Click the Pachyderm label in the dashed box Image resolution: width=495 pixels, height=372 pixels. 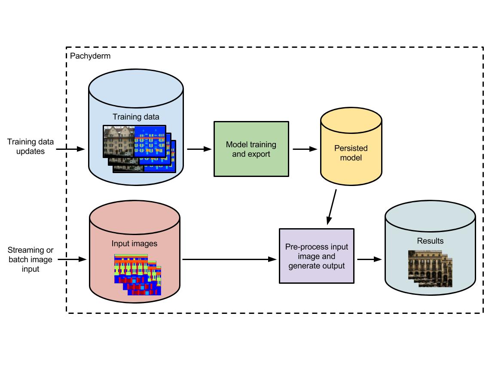(90, 56)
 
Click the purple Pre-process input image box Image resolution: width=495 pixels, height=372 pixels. (317, 256)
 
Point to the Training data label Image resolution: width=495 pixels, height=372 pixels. (136, 117)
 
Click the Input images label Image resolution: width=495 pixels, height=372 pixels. (134, 244)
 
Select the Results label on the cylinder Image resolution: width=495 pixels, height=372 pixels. (430, 241)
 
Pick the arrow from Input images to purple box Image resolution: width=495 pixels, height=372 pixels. (230, 259)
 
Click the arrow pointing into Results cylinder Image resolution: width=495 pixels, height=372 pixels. (370, 259)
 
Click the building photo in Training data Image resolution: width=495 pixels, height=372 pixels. (119, 141)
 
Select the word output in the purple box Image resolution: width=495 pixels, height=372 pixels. (334, 266)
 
